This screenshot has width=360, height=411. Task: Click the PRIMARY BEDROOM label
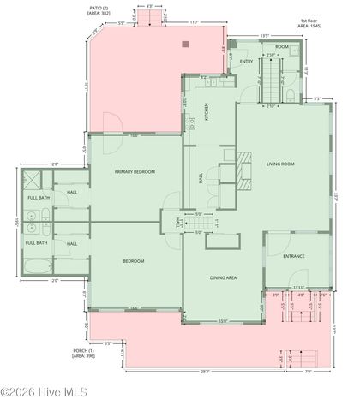tap(135, 172)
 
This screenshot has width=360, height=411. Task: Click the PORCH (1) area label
tap(85, 353)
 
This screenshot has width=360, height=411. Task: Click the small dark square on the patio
tap(184, 40)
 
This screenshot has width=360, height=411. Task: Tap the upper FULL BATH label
tap(38, 198)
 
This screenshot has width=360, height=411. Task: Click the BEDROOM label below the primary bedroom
tap(133, 260)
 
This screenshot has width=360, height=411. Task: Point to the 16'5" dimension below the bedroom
tap(135, 308)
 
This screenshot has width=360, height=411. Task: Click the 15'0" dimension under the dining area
tap(223, 321)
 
